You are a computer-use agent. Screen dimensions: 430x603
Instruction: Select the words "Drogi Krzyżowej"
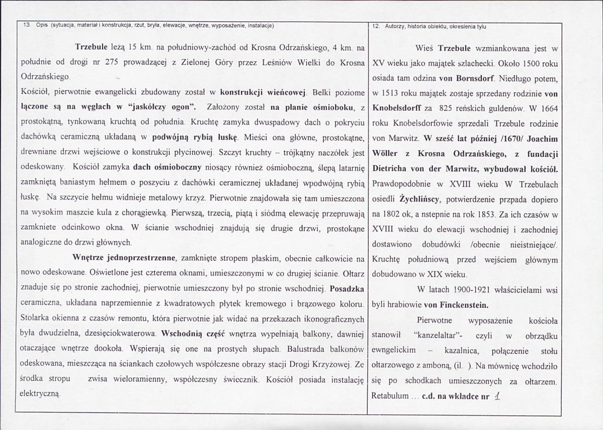pos(320,363)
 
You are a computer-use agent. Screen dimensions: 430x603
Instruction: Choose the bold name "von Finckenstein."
pos(458,304)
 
